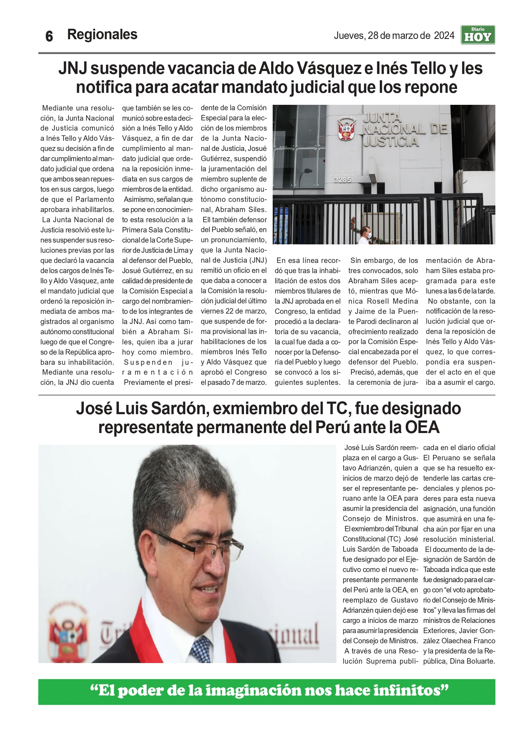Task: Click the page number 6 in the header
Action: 49,36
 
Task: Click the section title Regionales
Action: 102,34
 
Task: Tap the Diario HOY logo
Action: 477,35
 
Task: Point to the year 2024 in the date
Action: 444,35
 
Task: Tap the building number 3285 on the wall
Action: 342,180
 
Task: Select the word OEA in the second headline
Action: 422,427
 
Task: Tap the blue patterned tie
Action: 201,647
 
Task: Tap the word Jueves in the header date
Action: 349,35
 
